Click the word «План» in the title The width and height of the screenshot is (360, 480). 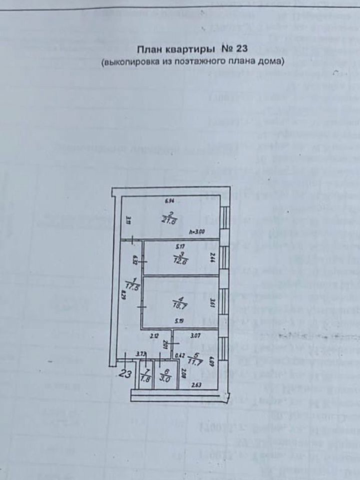(149, 50)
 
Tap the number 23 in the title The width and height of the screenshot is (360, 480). (240, 50)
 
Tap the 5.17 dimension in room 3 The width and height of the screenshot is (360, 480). (178, 245)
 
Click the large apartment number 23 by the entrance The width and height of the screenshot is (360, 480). (126, 372)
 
